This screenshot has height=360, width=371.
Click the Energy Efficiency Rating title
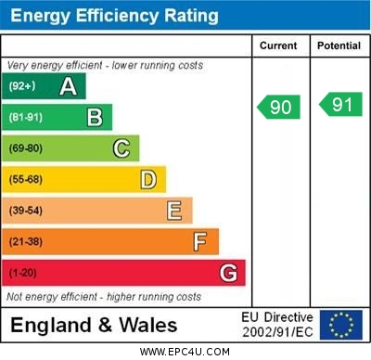pyautogui.click(x=114, y=16)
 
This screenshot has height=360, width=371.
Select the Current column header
pyautogui.click(x=278, y=45)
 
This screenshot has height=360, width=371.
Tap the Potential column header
pyautogui.click(x=339, y=45)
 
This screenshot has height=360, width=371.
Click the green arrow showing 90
pyautogui.click(x=279, y=107)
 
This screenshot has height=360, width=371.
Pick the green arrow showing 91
pyautogui.click(x=340, y=105)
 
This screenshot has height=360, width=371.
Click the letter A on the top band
pyautogui.click(x=68, y=87)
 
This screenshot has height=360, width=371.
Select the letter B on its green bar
pyautogui.click(x=95, y=118)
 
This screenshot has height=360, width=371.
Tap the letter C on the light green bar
pyautogui.click(x=122, y=148)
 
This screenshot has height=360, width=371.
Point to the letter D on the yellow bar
pyautogui.click(x=148, y=179)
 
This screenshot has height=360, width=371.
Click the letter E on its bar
pyautogui.click(x=174, y=211)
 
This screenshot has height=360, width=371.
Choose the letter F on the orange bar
pyautogui.click(x=200, y=242)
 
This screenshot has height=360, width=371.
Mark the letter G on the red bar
pyautogui.click(x=228, y=273)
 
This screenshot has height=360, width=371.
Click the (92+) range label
pyautogui.click(x=22, y=87)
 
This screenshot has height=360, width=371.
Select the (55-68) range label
pyautogui.click(x=26, y=179)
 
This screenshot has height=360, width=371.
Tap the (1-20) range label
pyautogui.click(x=23, y=273)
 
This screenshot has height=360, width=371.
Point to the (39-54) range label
pyautogui.click(x=26, y=211)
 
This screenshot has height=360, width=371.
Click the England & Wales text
pyautogui.click(x=94, y=325)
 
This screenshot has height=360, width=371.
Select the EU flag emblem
pyautogui.click(x=340, y=325)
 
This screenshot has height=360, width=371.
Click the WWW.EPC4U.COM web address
pyautogui.click(x=185, y=352)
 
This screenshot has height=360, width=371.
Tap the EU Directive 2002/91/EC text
pyautogui.click(x=277, y=325)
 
